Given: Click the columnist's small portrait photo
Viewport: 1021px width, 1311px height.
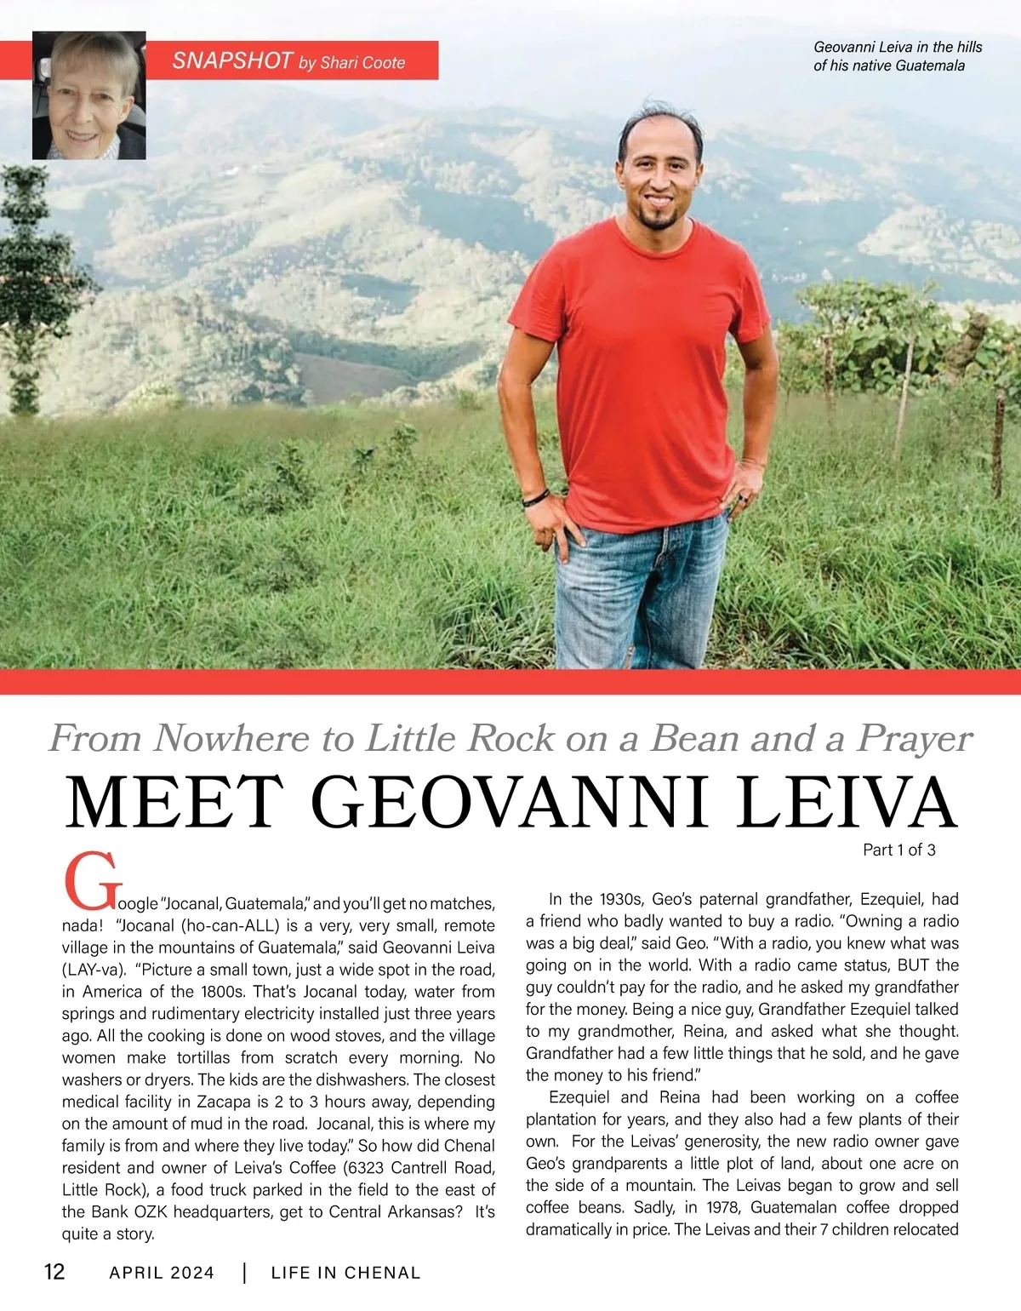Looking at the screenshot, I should click(89, 95).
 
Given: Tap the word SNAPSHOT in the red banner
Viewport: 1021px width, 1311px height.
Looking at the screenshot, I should click(232, 60).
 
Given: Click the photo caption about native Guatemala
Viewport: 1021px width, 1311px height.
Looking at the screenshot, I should click(897, 56).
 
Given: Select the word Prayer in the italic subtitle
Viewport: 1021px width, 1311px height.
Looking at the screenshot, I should click(914, 739).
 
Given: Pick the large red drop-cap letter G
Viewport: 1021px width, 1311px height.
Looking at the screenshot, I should click(88, 883).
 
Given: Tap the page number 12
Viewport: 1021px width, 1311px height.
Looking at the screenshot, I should click(54, 1272).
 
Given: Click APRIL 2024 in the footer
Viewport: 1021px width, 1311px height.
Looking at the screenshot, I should click(162, 1274).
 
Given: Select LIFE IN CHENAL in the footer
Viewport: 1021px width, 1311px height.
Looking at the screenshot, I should click(345, 1274).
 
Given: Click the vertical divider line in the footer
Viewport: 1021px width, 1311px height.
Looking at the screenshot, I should click(245, 1274).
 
